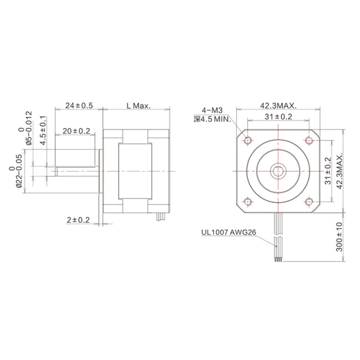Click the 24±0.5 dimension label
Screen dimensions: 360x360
click(79, 105)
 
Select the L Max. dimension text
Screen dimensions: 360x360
click(137, 105)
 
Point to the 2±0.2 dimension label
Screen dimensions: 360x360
click(78, 220)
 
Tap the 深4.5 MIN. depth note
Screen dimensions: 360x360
click(212, 119)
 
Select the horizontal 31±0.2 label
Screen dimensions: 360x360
click(278, 116)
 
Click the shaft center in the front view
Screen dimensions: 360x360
click(278, 170)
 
